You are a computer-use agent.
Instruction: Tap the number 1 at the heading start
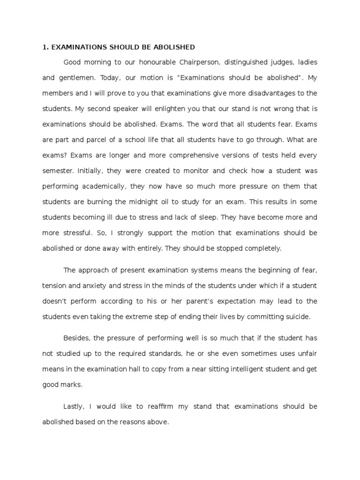[44, 47]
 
